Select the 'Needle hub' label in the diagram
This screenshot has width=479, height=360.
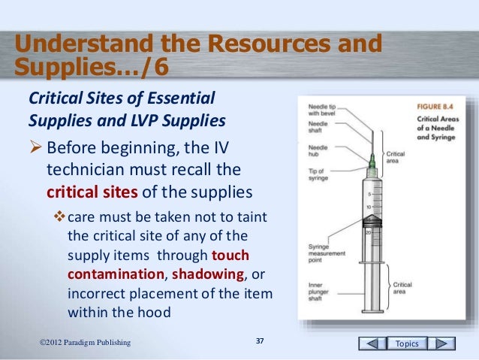click(x=318, y=152)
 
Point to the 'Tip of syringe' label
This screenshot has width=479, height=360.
click(x=318, y=172)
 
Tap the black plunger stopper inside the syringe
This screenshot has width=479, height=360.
click(x=372, y=220)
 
